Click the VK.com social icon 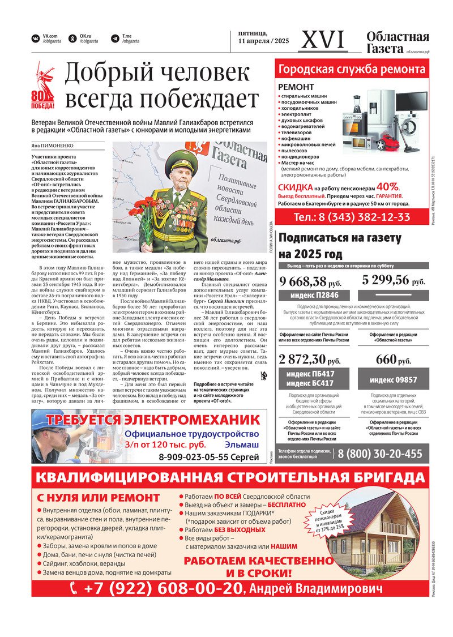pos(36,39)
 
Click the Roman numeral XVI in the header pos(323,40)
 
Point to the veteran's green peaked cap pos(183,162)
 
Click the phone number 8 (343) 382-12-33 pos(352,217)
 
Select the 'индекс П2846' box pos(314,296)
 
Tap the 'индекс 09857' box pos(394,379)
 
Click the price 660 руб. pos(394,360)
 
